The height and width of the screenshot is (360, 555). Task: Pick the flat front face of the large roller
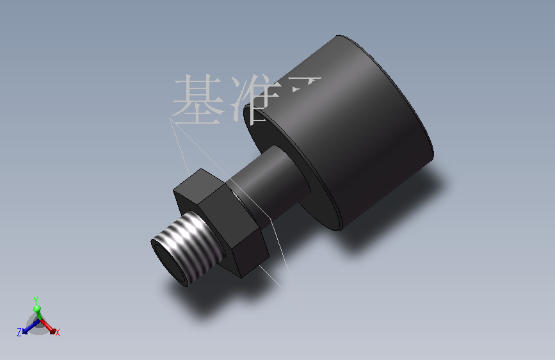(301, 167)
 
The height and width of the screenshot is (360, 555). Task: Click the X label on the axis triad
(58, 332)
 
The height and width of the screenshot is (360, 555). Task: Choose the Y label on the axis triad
(36, 300)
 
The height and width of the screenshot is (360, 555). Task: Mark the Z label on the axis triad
(19, 331)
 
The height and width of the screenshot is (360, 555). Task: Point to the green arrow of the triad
(37, 311)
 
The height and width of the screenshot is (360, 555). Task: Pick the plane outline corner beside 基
(170, 120)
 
